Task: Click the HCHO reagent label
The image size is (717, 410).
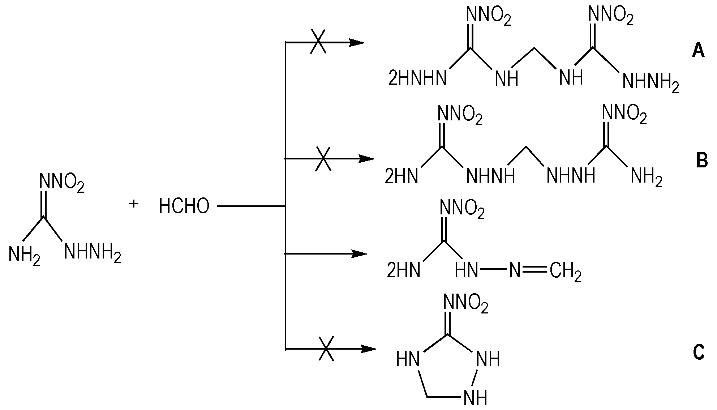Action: coord(184,206)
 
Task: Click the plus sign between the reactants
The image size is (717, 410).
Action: coord(134,204)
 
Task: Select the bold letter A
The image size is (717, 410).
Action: coord(698,50)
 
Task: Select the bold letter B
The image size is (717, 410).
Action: coord(702,161)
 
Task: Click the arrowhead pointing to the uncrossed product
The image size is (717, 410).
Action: coord(359,254)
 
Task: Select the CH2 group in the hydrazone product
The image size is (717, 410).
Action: coord(566,272)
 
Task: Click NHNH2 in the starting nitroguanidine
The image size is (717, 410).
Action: coord(93,252)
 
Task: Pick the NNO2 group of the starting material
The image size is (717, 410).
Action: coord(62,183)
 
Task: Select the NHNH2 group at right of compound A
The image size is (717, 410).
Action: coord(651,82)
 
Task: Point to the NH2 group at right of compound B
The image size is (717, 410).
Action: coord(647,177)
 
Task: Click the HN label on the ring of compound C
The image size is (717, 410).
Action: coord(408,360)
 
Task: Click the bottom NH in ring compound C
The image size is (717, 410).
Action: coord(476,398)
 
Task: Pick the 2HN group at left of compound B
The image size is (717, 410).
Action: coord(402,176)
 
